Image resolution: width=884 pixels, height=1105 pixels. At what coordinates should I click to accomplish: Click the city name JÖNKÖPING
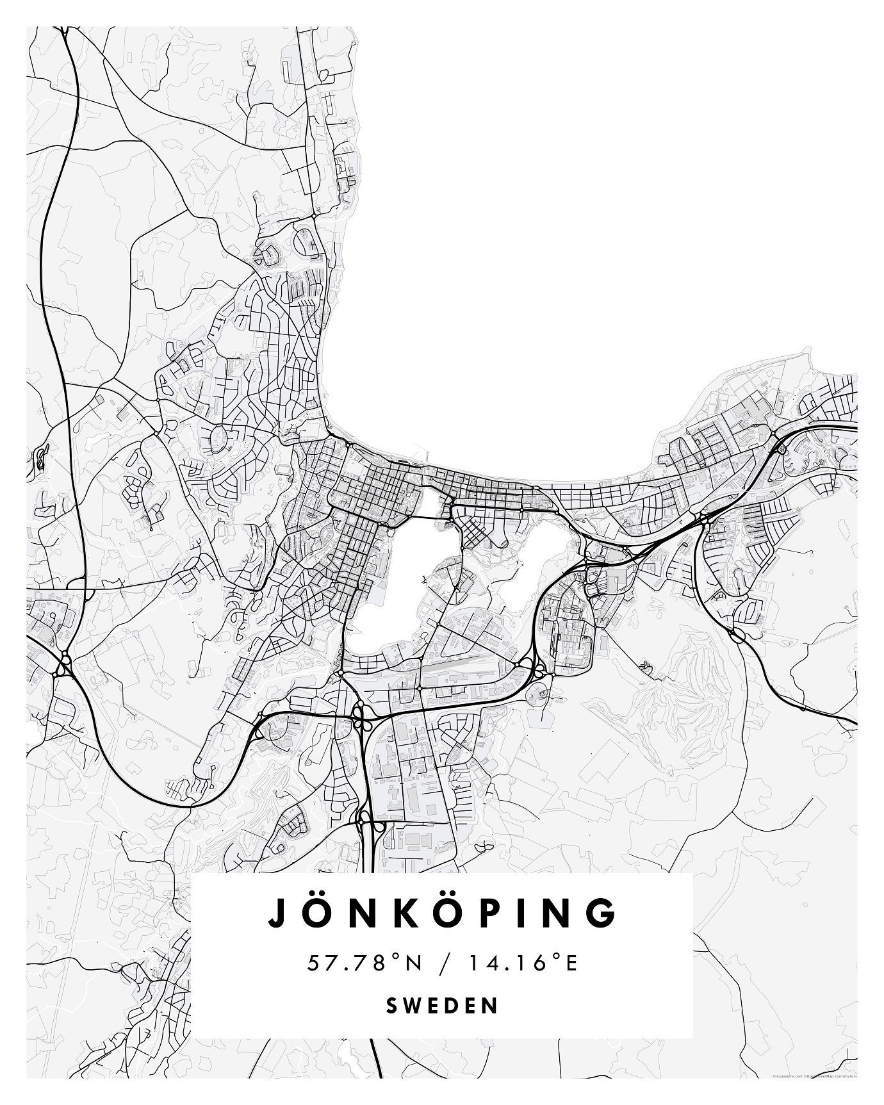(x=442, y=913)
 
